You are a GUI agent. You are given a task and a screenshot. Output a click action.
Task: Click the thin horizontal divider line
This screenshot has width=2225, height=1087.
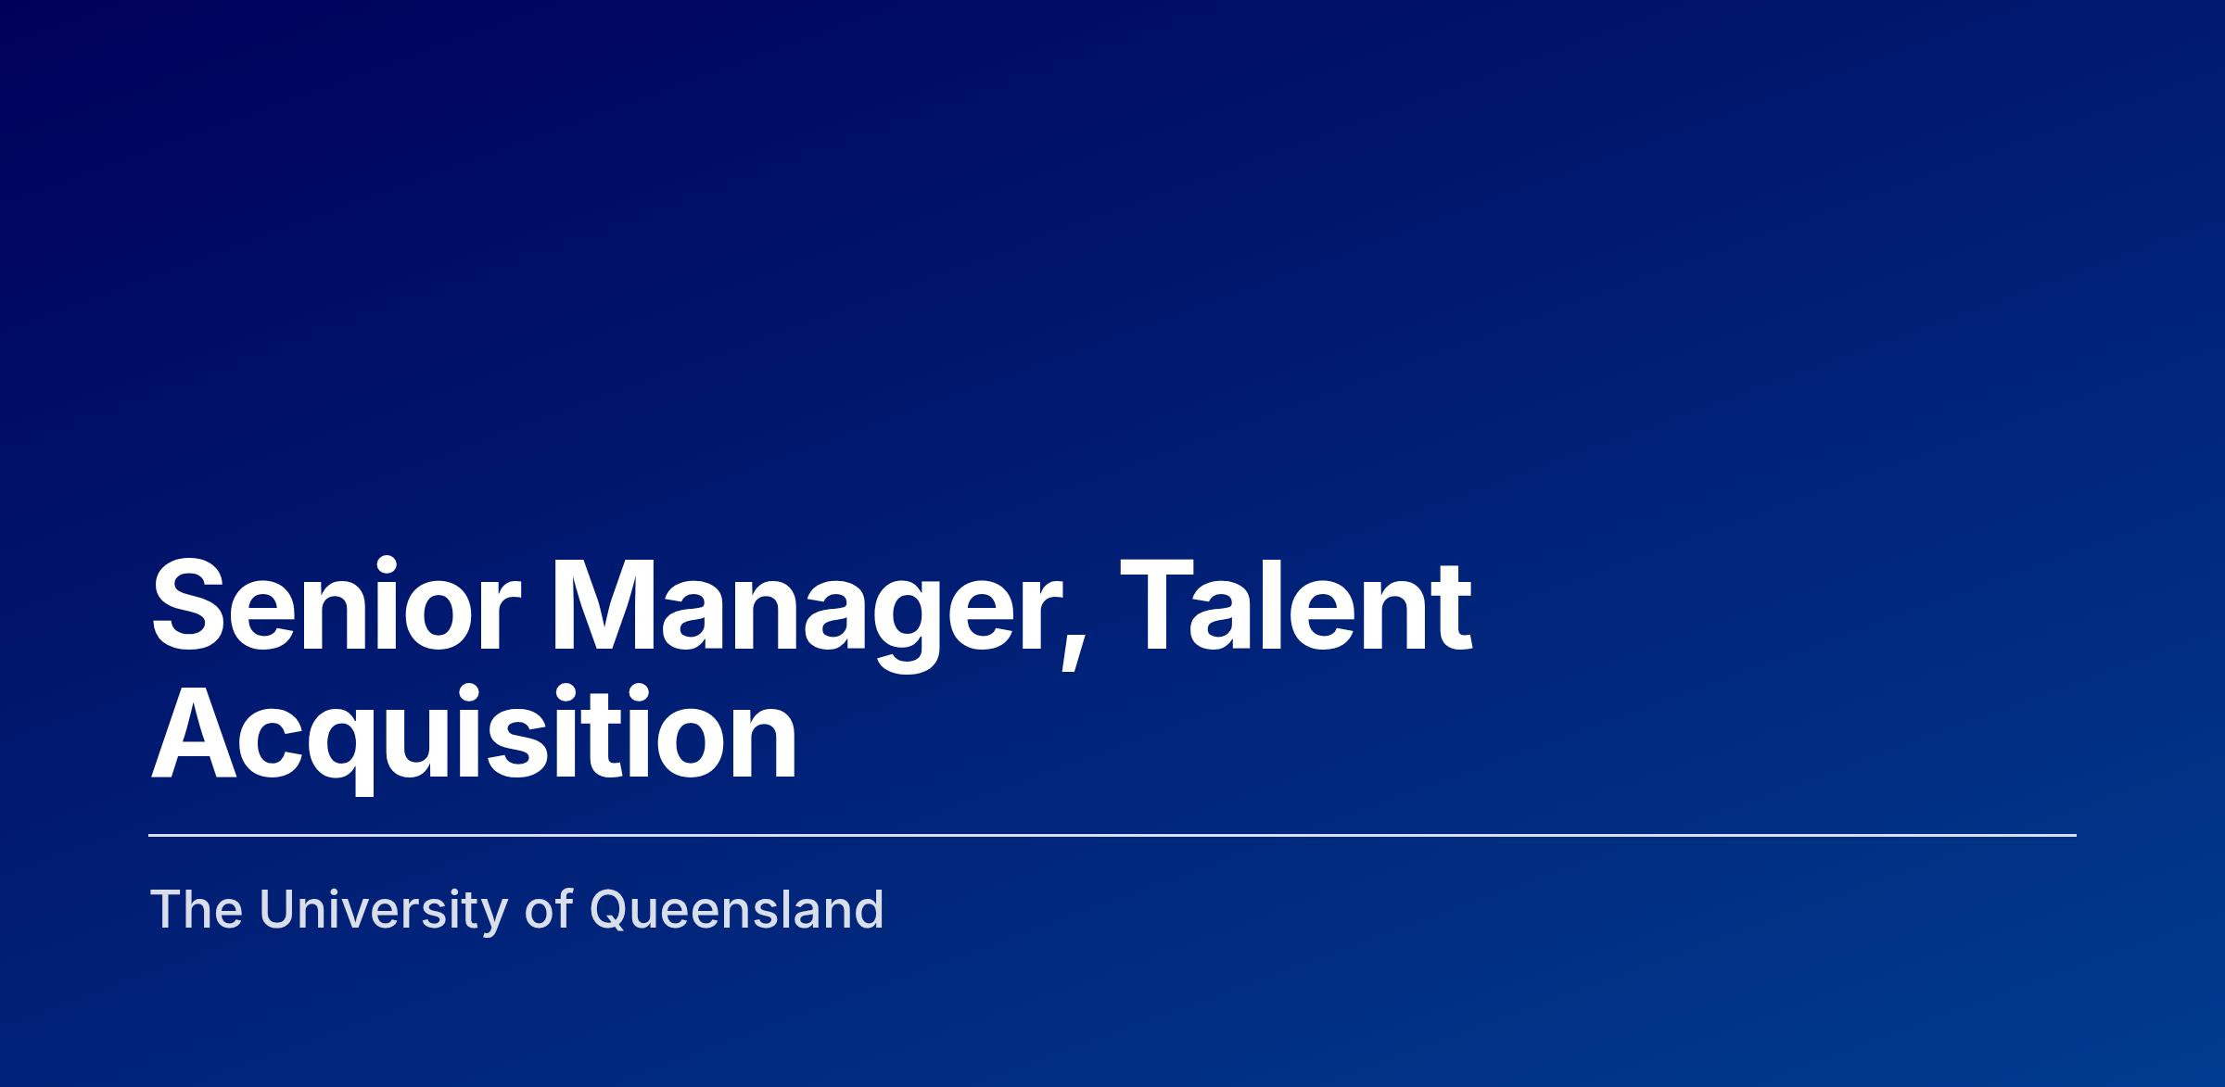1112,835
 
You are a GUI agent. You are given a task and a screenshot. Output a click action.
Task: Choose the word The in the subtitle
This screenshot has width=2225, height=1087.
197,909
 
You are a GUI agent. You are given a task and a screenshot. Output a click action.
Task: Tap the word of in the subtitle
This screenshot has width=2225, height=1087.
550,909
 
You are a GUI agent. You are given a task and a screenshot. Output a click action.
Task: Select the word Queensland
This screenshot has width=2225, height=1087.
737,911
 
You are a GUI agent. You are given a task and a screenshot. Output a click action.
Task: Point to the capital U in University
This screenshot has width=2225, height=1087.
277,910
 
